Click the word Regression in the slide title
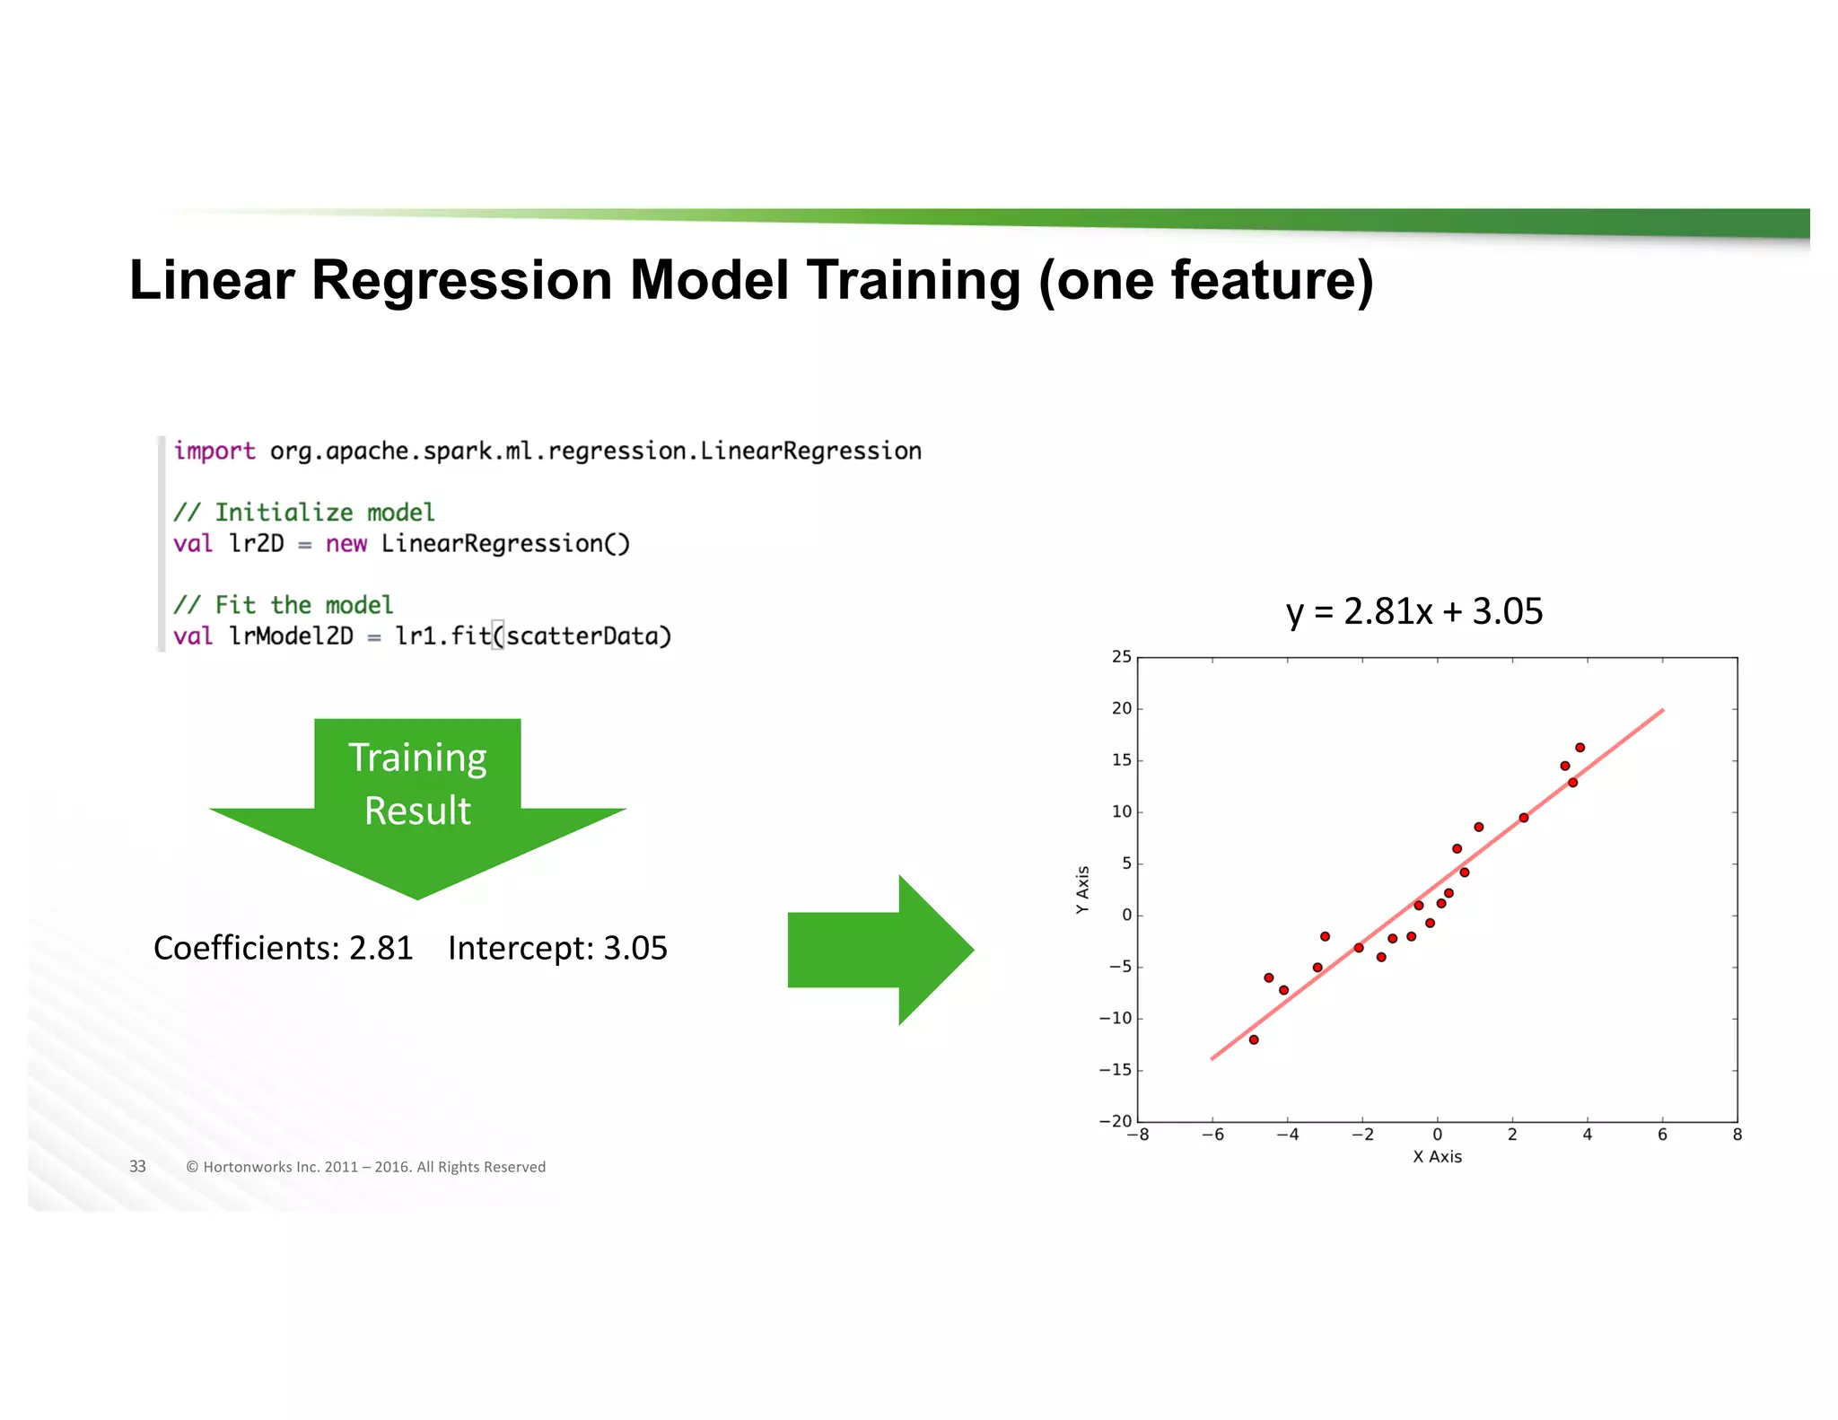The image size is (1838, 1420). tap(460, 280)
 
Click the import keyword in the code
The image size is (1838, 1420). tap(214, 451)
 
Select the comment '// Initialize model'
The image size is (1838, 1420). tap(303, 513)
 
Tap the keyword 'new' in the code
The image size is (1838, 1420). tap(346, 544)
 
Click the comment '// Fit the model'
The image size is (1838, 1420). tap(283, 605)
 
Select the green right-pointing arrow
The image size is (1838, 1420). tap(880, 950)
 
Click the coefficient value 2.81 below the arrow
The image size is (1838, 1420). tap(381, 949)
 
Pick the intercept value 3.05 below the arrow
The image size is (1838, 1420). tap(635, 949)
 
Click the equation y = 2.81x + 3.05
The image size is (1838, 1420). tap(1414, 612)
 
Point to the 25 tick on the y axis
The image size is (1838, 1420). tap(1122, 657)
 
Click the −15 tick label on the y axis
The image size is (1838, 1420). tap(1116, 1070)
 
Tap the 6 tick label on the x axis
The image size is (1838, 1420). tap(1662, 1135)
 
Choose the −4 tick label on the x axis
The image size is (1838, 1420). tap(1287, 1135)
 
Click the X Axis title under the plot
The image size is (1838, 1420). tap(1437, 1157)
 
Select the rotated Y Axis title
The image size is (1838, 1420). tap(1082, 890)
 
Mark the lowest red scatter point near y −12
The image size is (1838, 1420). tap(1254, 1039)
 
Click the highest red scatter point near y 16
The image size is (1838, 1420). tap(1580, 748)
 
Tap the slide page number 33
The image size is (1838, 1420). tap(137, 1167)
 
